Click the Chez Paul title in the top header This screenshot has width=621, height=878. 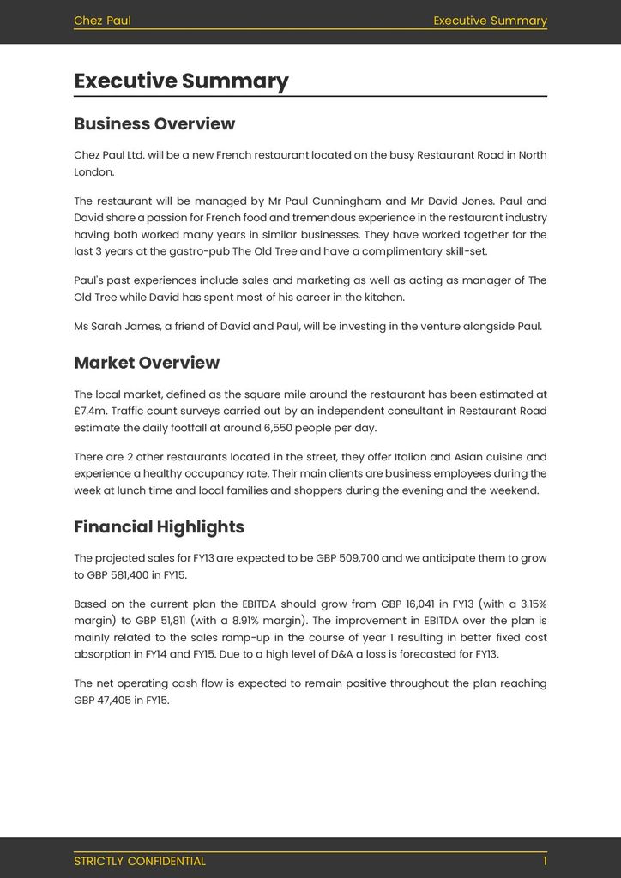102,21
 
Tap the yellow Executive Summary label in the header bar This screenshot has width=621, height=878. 490,21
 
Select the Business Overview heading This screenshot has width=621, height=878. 154,124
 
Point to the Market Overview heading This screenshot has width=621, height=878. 147,363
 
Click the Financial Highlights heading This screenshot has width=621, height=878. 159,527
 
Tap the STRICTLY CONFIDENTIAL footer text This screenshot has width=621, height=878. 140,861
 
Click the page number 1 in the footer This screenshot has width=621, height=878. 544,861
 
